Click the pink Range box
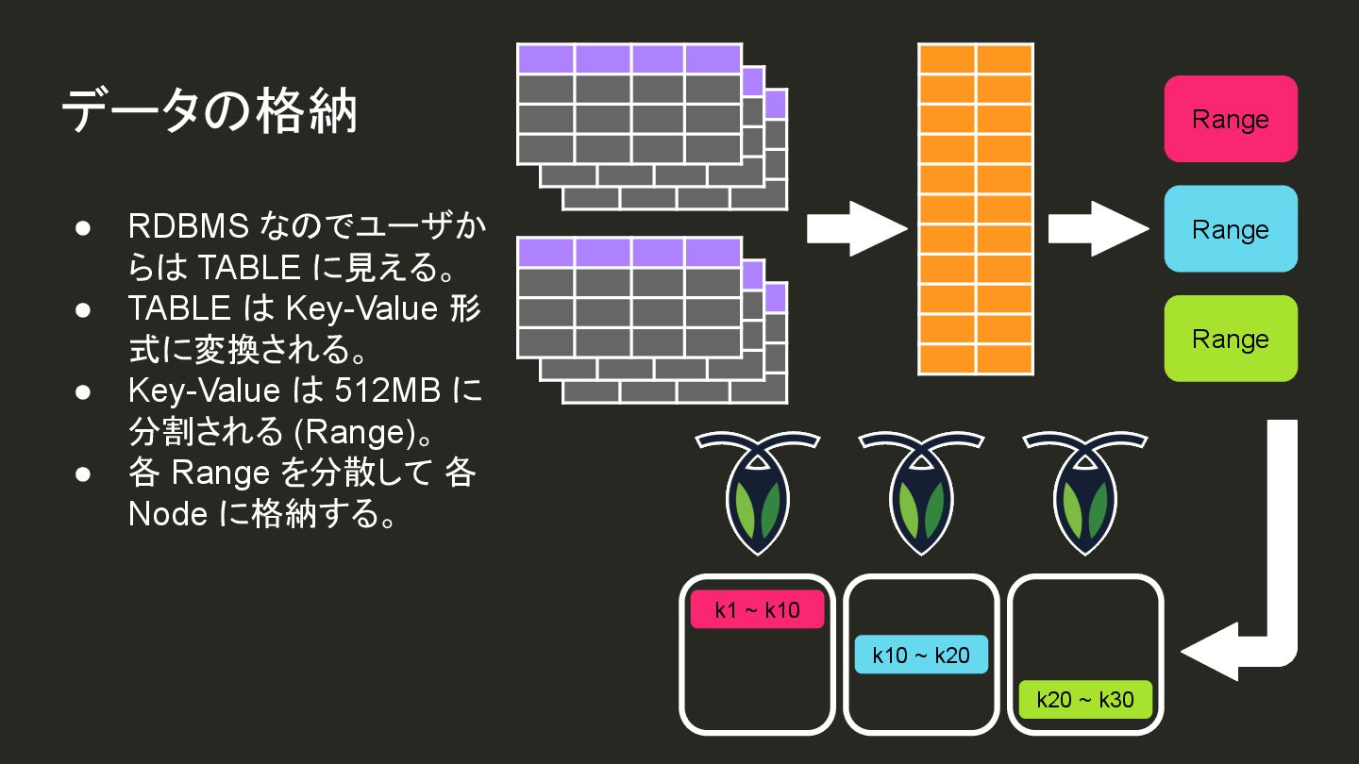[x=1231, y=119]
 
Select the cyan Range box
[x=1231, y=229]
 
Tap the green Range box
[x=1231, y=339]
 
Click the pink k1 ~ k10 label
[x=757, y=609]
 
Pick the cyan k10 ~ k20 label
[x=921, y=655]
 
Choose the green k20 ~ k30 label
[x=1085, y=700]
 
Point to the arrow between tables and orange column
[x=855, y=228]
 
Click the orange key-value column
[x=976, y=209]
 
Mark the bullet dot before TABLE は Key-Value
[x=83, y=309]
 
